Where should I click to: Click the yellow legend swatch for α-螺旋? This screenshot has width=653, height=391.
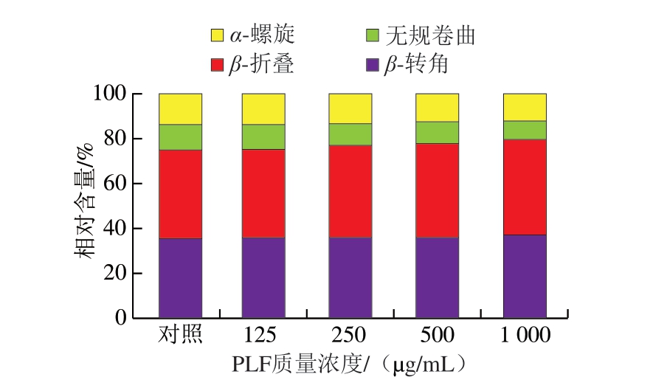click(x=218, y=35)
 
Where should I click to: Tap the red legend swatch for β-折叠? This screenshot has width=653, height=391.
click(x=218, y=65)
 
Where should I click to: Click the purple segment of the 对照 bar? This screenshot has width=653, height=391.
click(x=180, y=278)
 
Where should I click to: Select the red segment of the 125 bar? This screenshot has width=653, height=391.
click(x=264, y=193)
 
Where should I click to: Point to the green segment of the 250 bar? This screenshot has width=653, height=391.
click(x=350, y=134)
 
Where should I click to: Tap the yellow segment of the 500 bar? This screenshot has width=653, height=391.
click(x=437, y=108)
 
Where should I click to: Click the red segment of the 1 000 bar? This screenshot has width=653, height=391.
click(x=525, y=187)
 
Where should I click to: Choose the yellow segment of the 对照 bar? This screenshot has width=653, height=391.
click(x=180, y=109)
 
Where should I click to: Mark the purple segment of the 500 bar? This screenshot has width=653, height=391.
click(x=437, y=277)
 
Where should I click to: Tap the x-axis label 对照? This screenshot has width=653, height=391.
click(x=180, y=335)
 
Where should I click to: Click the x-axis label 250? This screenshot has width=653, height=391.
click(x=350, y=335)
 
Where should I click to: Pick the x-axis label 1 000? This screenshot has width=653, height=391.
click(x=525, y=335)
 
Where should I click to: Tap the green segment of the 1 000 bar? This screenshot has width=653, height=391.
click(x=525, y=130)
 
